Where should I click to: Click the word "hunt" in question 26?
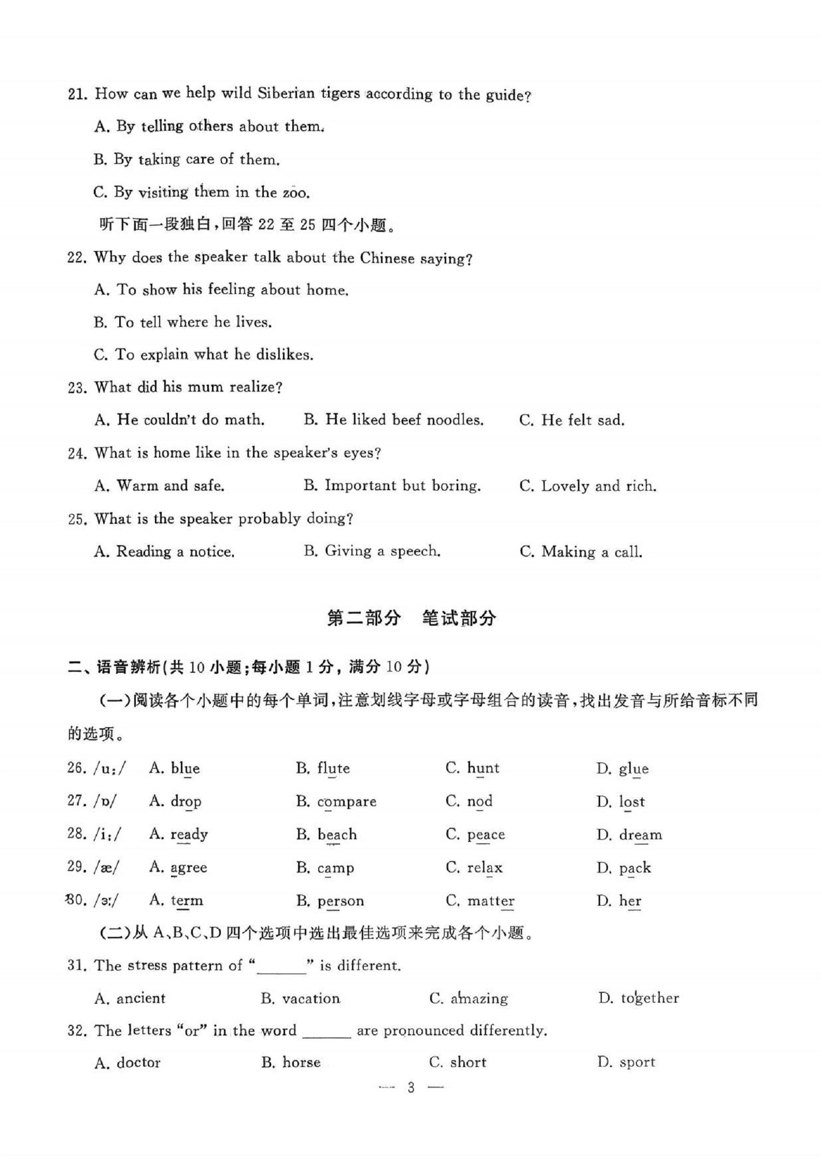point(483,768)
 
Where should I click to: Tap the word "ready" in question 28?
point(189,835)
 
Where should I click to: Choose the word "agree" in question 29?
point(189,867)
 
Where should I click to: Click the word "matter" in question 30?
point(491,901)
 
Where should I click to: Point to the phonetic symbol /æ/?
point(106,867)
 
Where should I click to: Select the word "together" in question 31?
point(650,998)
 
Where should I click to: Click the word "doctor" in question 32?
point(138,1063)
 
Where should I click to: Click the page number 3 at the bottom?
point(411,1088)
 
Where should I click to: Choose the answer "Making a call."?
point(592,551)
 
